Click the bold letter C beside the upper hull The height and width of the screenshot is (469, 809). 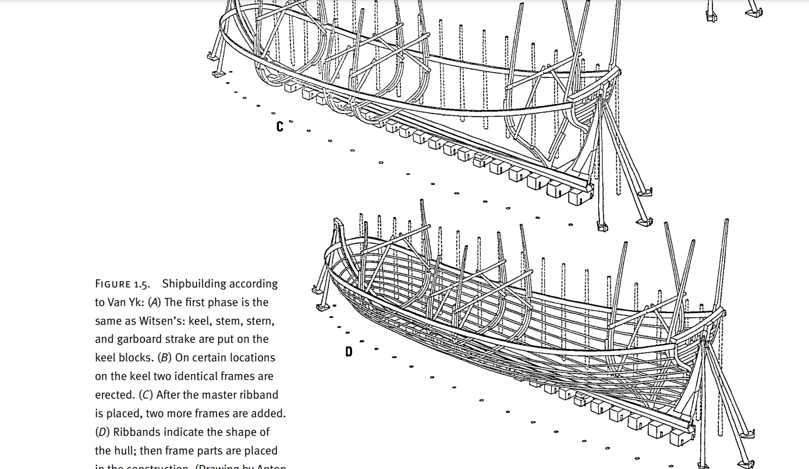pos(280,126)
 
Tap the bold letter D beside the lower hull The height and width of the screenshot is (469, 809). pos(349,351)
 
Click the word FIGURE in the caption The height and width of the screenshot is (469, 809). pos(113,285)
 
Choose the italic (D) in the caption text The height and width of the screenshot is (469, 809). pos(102,432)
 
